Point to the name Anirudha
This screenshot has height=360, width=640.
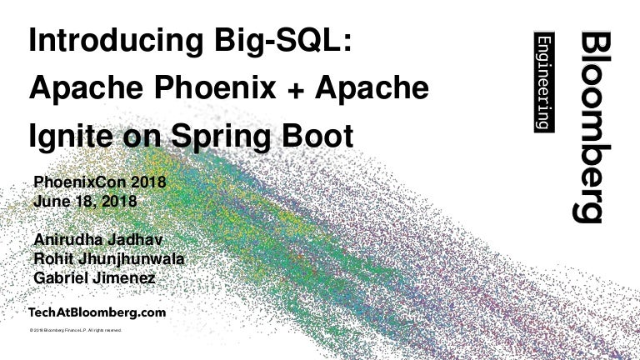coord(71,239)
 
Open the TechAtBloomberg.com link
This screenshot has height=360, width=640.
coord(97,312)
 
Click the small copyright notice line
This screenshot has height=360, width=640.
coord(76,331)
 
